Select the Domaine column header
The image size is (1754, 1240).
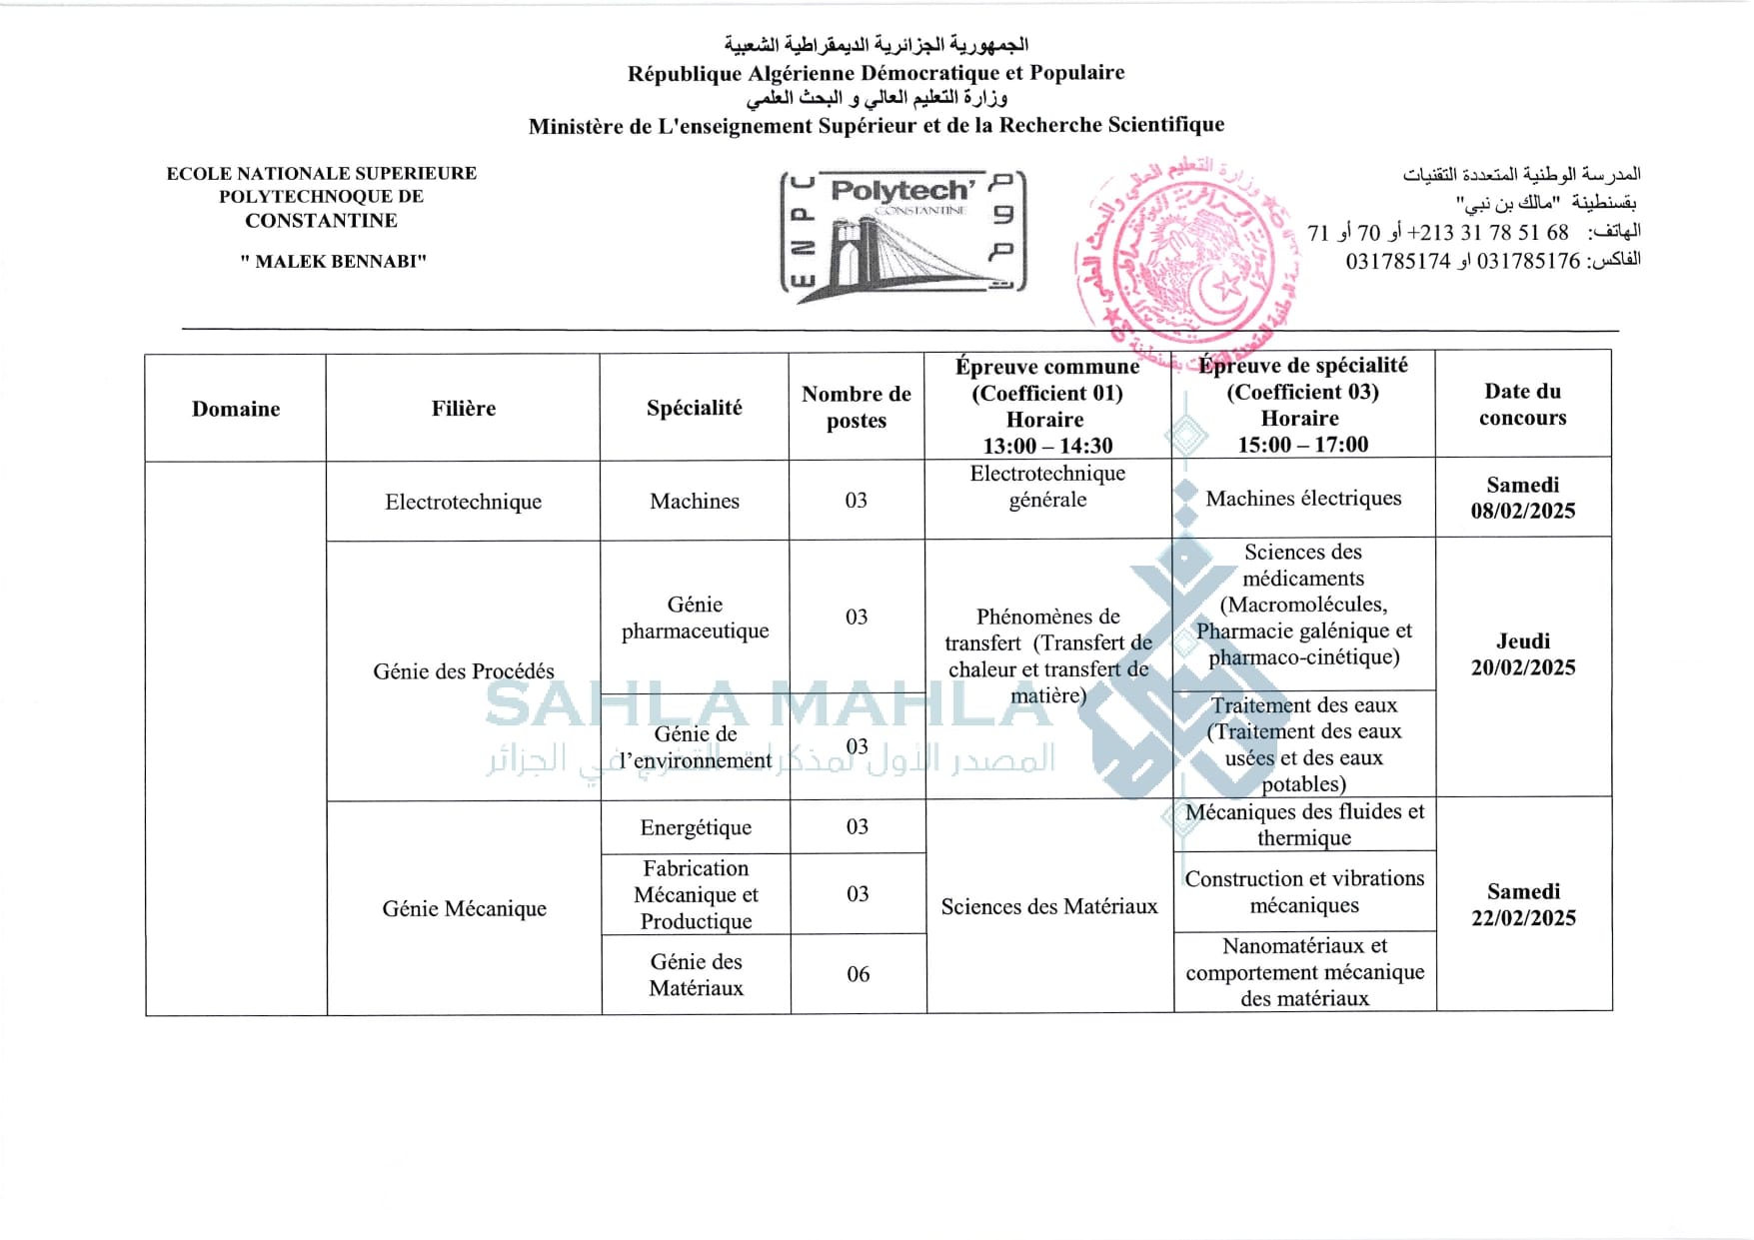click(x=236, y=409)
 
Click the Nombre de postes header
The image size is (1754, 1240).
click(x=857, y=408)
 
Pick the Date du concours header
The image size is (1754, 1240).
click(x=1522, y=405)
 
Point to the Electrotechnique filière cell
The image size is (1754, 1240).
click(x=464, y=502)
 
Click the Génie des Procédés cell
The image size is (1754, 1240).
click(x=464, y=671)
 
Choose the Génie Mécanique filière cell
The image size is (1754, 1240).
click(x=464, y=908)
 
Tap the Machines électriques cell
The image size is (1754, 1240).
click(x=1303, y=499)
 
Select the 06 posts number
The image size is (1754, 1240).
click(x=858, y=974)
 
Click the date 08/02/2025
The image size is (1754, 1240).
click(x=1522, y=512)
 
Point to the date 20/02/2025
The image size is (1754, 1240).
click(x=1522, y=668)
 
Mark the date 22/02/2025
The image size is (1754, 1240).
click(x=1522, y=918)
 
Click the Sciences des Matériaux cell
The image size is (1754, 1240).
click(x=1048, y=906)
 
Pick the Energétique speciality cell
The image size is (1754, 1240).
click(x=696, y=827)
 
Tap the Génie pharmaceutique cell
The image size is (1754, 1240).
click(x=695, y=618)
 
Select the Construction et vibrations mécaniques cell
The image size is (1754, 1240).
click(x=1304, y=891)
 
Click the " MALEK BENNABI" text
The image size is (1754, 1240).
click(x=333, y=262)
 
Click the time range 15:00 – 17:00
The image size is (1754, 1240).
click(x=1302, y=445)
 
